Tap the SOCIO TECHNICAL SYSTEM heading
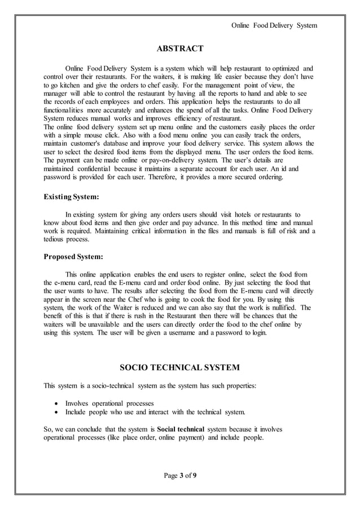point(180,368)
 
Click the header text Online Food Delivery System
point(275,25)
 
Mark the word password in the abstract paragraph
point(59,177)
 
